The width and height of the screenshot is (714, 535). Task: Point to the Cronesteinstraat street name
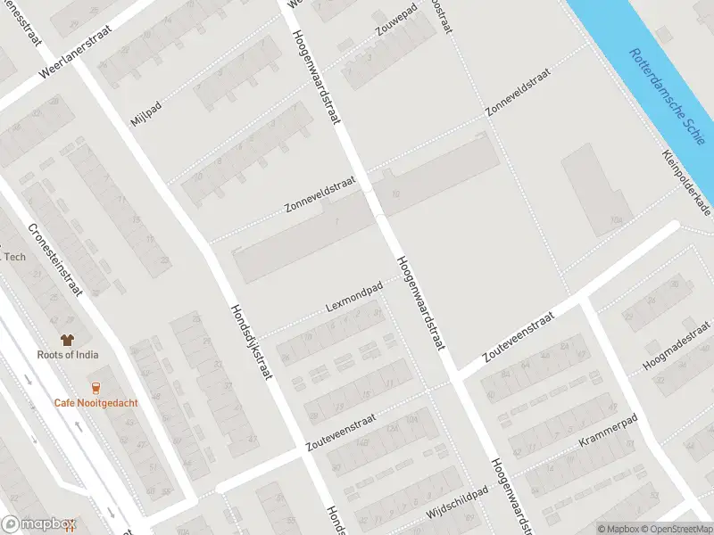point(54,259)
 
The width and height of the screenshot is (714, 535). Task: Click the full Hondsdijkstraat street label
point(251,339)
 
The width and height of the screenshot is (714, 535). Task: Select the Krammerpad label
point(608,431)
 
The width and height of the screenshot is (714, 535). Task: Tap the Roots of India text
point(68,355)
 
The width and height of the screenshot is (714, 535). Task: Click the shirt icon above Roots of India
point(67,339)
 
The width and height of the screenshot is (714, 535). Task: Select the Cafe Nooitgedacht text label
point(95,403)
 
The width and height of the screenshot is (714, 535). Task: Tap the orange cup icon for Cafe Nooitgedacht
point(95,387)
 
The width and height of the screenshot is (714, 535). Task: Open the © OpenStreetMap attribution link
point(676,529)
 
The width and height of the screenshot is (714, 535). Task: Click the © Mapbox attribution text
point(618,529)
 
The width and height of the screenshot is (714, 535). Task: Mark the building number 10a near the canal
point(615,218)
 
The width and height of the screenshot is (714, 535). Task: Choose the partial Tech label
point(14,257)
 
